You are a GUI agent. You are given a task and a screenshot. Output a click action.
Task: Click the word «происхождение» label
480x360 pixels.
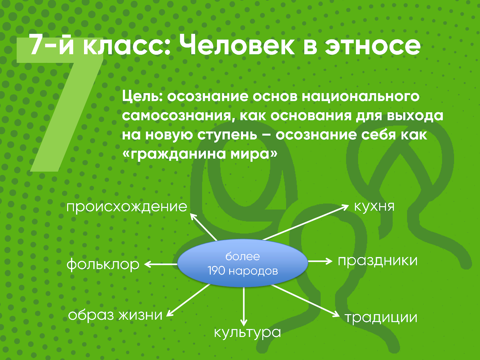127,207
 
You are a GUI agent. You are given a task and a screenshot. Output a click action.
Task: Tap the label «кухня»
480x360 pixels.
374,206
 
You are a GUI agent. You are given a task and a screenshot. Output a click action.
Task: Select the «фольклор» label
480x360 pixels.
103,264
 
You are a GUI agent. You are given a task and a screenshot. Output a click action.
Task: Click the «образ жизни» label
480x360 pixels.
115,315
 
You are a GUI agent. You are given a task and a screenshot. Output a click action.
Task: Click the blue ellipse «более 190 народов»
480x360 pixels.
243,263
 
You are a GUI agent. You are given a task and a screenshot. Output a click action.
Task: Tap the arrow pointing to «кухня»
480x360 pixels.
306,222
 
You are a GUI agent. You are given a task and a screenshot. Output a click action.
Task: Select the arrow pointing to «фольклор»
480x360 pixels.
161,264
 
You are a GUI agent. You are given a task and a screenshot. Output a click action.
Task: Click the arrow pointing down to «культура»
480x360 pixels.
244,307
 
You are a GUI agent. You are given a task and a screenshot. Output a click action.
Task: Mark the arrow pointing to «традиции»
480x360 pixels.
306,301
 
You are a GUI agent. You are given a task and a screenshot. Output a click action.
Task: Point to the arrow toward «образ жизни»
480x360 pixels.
188,300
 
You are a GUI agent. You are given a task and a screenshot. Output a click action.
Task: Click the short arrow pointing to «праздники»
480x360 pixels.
320,261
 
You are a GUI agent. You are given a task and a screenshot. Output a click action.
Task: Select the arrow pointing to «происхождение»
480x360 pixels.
204,227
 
